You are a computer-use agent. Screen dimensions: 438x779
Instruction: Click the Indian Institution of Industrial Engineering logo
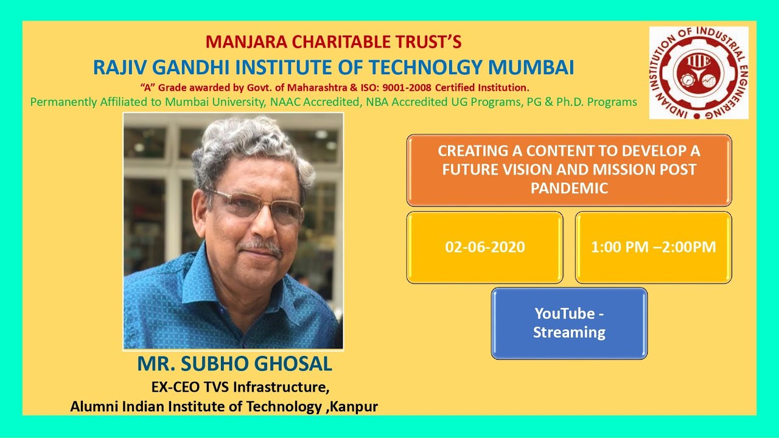pyautogui.click(x=699, y=72)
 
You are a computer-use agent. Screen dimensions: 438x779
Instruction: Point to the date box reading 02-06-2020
pyautogui.click(x=485, y=247)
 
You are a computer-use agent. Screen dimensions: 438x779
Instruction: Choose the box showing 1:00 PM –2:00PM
pyautogui.click(x=653, y=247)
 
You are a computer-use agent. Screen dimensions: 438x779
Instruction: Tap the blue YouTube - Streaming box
pyautogui.click(x=569, y=323)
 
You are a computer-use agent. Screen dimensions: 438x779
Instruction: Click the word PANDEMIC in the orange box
pyautogui.click(x=569, y=189)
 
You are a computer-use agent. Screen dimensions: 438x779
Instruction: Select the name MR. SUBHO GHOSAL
pyautogui.click(x=234, y=364)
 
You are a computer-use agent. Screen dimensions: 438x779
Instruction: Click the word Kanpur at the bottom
pyautogui.click(x=354, y=406)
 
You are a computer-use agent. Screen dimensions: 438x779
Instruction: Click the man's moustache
pyautogui.click(x=260, y=246)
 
